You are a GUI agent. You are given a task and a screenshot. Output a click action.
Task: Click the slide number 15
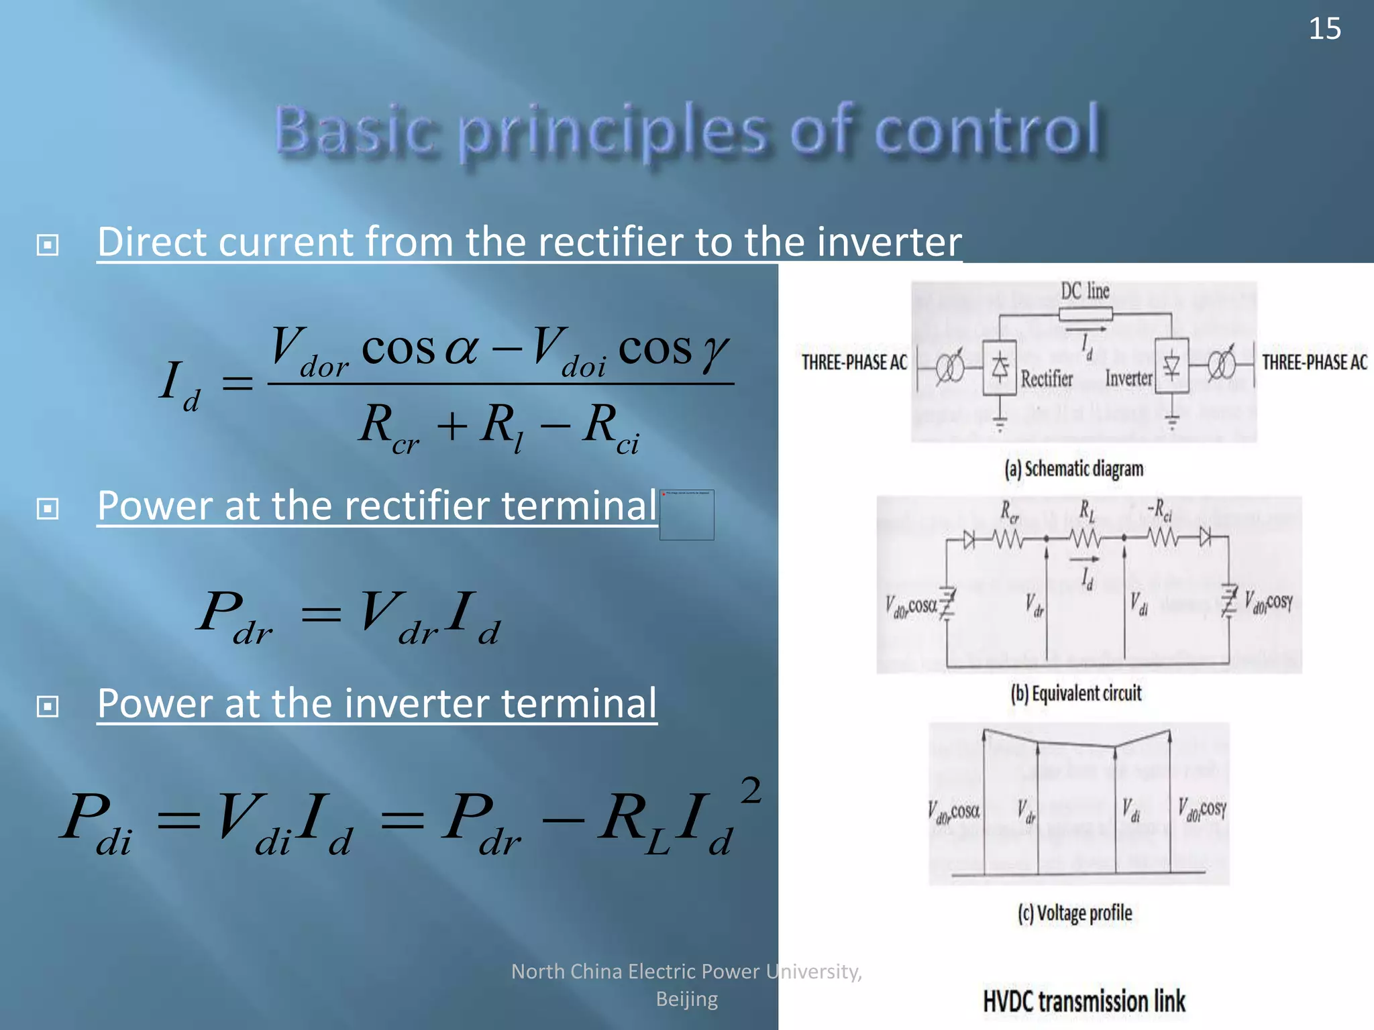tap(1324, 29)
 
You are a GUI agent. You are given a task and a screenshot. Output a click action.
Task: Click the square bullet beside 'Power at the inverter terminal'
tap(48, 706)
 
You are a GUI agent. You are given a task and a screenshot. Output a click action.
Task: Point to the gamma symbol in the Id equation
tap(715, 351)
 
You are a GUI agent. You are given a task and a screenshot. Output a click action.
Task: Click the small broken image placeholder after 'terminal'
tap(686, 514)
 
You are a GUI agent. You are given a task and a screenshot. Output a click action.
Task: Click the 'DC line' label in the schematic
tap(1085, 291)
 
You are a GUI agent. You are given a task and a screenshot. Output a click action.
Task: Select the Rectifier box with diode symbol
tap(1000, 367)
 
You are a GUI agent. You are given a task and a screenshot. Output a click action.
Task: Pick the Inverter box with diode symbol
tap(1171, 366)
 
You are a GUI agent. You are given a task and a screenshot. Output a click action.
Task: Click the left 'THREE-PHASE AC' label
tap(854, 363)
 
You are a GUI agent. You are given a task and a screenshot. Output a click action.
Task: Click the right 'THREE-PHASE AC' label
tap(1314, 363)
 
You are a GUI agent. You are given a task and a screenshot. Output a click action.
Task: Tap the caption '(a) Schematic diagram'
tap(1073, 469)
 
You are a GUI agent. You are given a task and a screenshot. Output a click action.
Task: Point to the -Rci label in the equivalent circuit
tap(1159, 511)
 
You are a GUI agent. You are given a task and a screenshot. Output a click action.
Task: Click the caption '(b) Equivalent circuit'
tap(1075, 693)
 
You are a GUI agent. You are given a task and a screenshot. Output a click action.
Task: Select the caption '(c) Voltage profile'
tap(1075, 913)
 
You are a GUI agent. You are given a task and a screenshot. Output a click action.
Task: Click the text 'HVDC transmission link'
tap(1084, 1001)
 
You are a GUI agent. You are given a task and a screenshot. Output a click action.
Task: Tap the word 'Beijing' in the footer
tap(686, 999)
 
